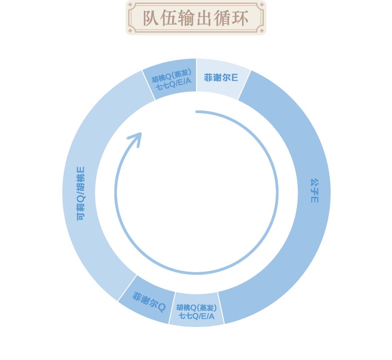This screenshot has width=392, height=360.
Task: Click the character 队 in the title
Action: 151,18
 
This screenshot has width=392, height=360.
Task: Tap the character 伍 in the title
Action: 168,18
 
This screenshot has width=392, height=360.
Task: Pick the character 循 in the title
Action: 222,18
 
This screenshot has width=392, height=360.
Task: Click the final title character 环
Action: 240,18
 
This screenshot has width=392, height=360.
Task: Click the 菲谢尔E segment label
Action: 221,77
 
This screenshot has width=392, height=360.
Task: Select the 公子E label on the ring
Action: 315,190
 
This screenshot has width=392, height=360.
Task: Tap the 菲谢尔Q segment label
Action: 149,302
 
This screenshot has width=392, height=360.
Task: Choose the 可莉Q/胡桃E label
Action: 81,193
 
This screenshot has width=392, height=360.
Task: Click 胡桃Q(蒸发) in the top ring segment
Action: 171,76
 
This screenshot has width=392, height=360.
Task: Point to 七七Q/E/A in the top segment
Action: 173,84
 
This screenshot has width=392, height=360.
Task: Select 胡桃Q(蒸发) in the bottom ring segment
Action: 196,307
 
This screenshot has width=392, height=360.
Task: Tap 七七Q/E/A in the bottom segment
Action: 196,316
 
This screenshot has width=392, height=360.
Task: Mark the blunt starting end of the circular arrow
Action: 196,112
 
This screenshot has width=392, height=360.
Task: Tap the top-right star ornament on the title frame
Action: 262,5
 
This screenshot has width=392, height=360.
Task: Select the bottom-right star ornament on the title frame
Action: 262,31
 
